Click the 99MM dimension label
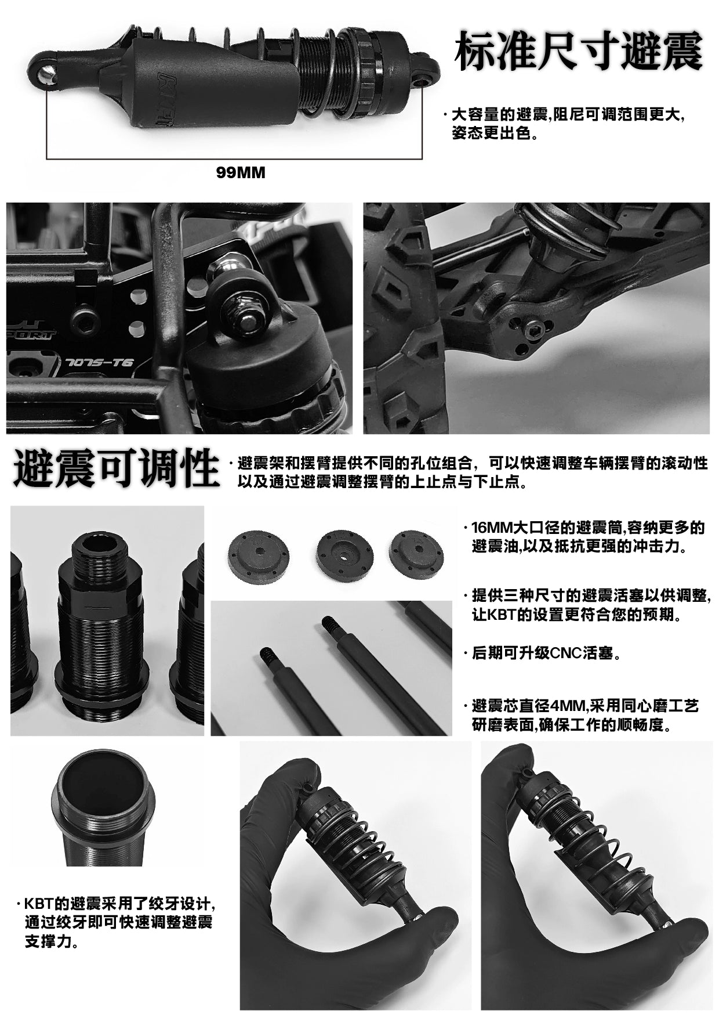(240, 173)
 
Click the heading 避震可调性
(116, 468)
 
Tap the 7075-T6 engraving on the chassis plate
(100, 363)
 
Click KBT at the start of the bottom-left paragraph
(39, 905)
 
